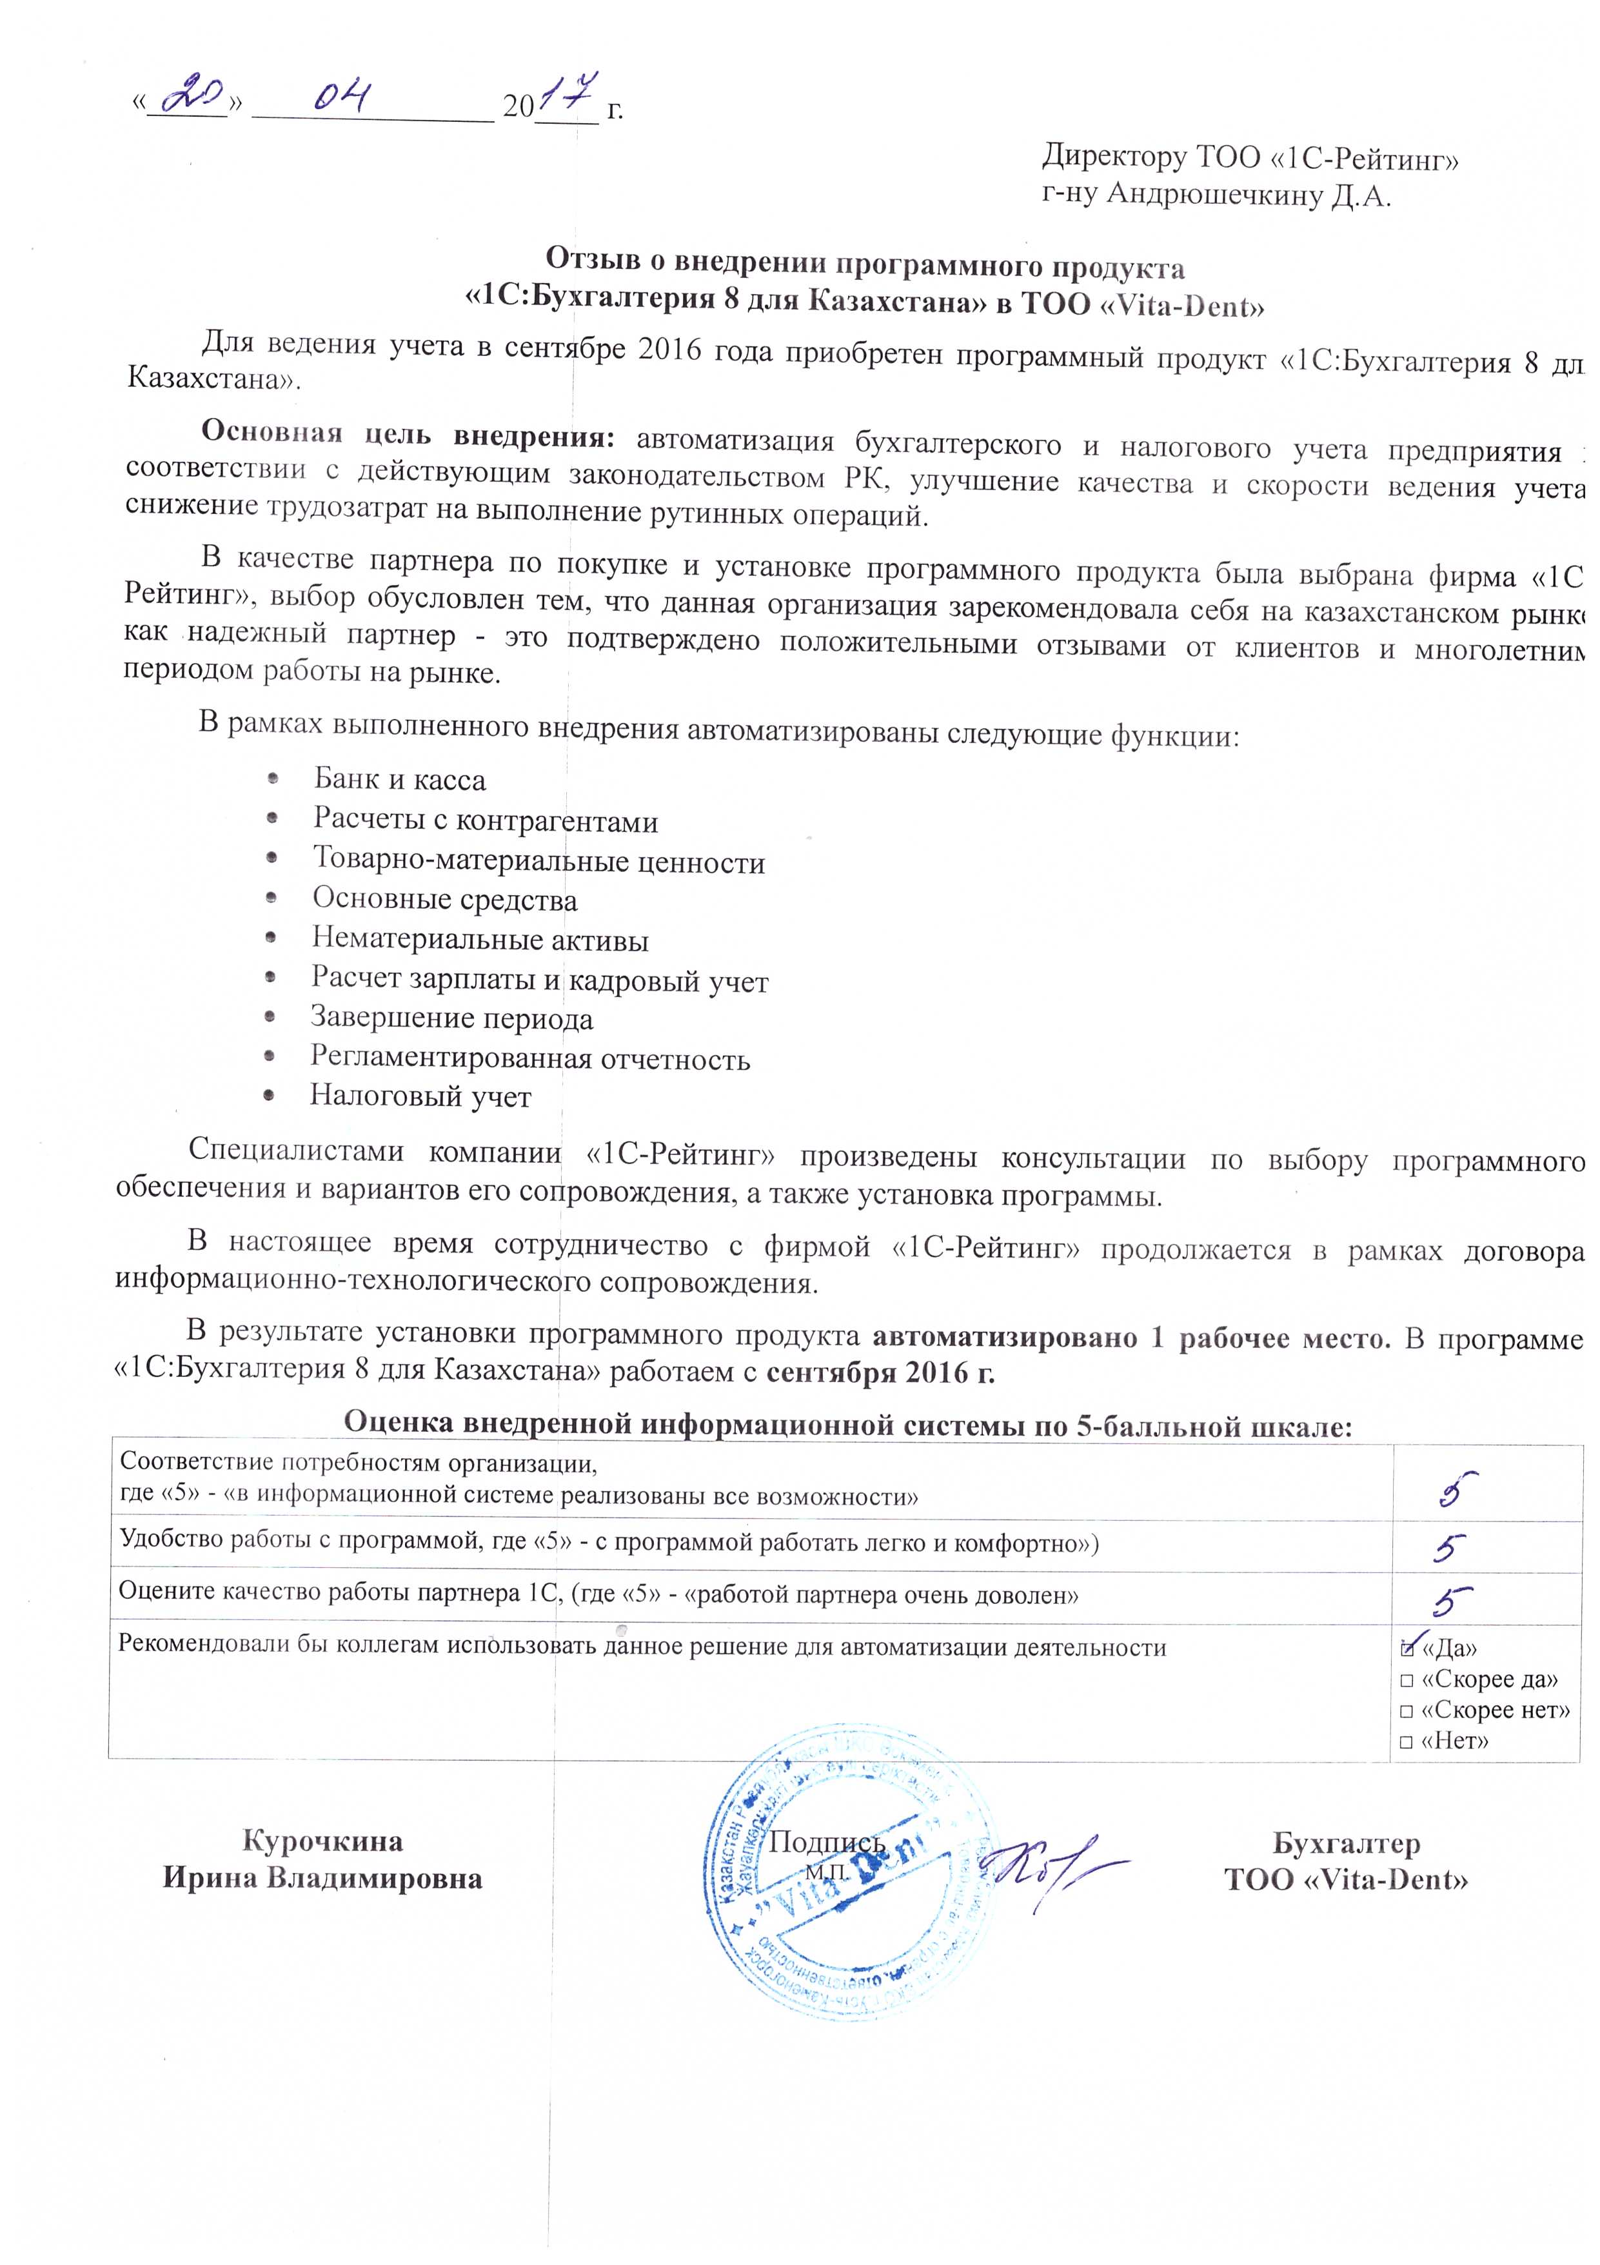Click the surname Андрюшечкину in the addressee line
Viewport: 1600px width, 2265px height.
pos(1214,194)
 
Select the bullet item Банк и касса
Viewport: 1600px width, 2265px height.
pos(399,780)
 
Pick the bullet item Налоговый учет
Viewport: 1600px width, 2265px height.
pos(420,1097)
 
